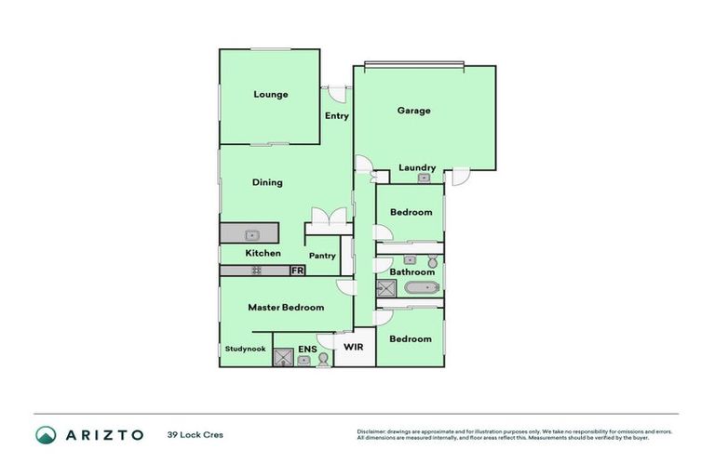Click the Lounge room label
pyautogui.click(x=270, y=94)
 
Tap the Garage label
pyautogui.click(x=413, y=111)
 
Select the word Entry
pyautogui.click(x=336, y=116)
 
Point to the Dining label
pyautogui.click(x=267, y=182)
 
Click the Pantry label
pyautogui.click(x=322, y=256)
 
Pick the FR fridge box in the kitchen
pyautogui.click(x=297, y=271)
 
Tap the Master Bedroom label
pyautogui.click(x=286, y=307)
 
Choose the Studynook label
pyautogui.click(x=245, y=349)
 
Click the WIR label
pyautogui.click(x=353, y=347)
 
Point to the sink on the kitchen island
pyautogui.click(x=250, y=235)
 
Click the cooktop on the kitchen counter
pyautogui.click(x=255, y=271)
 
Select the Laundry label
pyautogui.click(x=416, y=167)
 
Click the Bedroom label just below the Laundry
pyautogui.click(x=411, y=212)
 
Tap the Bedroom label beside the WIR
pyautogui.click(x=411, y=338)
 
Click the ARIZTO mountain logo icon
pyautogui.click(x=46, y=434)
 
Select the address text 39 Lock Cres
pyautogui.click(x=196, y=434)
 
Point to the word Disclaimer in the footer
pyautogui.click(x=373, y=431)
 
